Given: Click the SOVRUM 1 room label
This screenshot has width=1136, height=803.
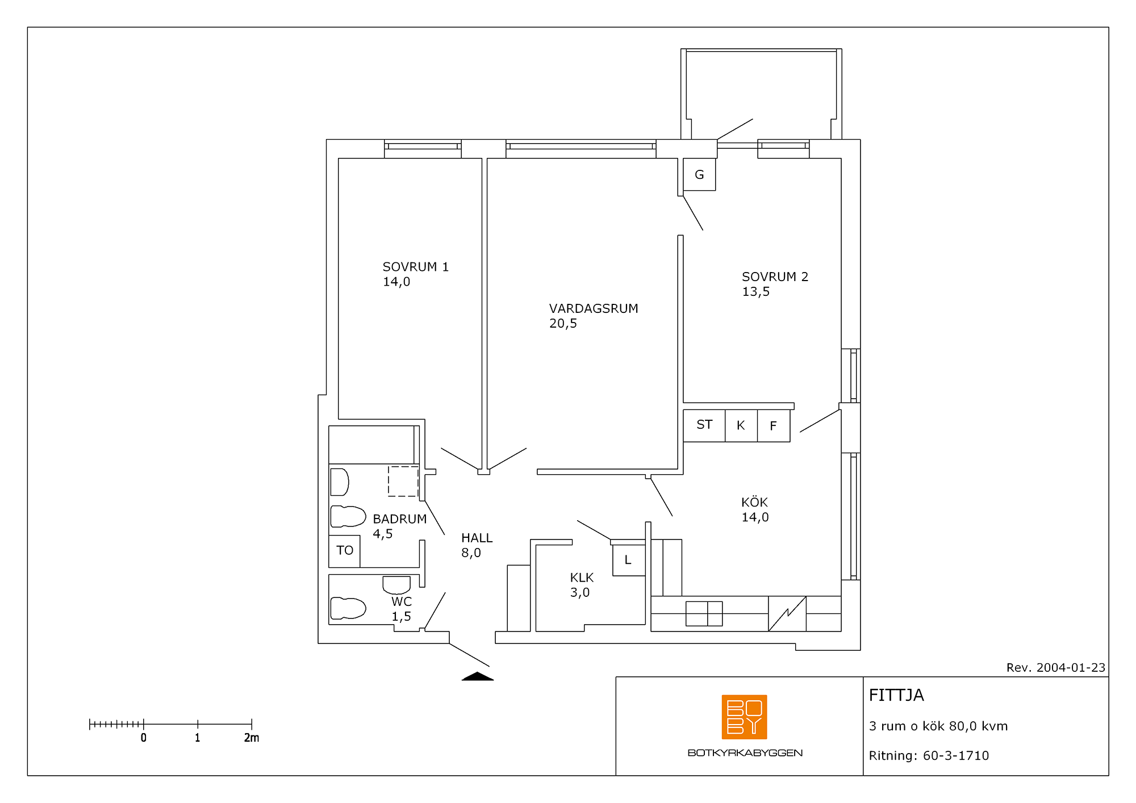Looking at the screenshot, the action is pos(416,267).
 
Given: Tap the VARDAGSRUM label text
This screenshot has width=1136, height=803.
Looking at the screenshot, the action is pos(594,308).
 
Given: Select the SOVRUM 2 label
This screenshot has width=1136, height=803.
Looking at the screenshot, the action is pos(775,277).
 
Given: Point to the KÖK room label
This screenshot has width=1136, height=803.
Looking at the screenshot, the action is pos(754,502).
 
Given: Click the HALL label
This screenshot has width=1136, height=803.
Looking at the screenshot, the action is pos(477,538).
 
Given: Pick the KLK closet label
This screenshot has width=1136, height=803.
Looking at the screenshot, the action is pos(582,578).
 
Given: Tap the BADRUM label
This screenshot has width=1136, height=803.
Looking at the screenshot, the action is pos(400,519).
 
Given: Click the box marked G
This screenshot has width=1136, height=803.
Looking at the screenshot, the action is pos(699,174).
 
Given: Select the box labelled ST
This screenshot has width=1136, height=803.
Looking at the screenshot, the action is pos(704,425).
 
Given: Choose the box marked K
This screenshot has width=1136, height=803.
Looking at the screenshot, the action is pos(741,425).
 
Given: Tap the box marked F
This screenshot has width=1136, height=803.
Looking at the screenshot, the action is pos(774,425).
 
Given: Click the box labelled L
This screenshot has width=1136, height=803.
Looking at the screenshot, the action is pos(629,561).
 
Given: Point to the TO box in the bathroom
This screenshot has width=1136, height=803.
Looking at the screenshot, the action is pos(344,551).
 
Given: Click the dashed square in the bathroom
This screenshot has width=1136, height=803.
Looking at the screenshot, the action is pos(403,482).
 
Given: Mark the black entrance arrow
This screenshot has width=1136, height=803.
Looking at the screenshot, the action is pos(478,676).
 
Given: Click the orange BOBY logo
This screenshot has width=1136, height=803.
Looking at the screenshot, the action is pos(744,717).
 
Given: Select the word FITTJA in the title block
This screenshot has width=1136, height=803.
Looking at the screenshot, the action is pos(896,695).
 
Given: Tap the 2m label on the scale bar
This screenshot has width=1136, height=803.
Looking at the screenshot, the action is pos(252,738).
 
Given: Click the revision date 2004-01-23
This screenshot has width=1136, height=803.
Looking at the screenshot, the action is pos(1071,668).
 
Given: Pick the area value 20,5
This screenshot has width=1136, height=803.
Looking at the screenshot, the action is pos(563,324).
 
